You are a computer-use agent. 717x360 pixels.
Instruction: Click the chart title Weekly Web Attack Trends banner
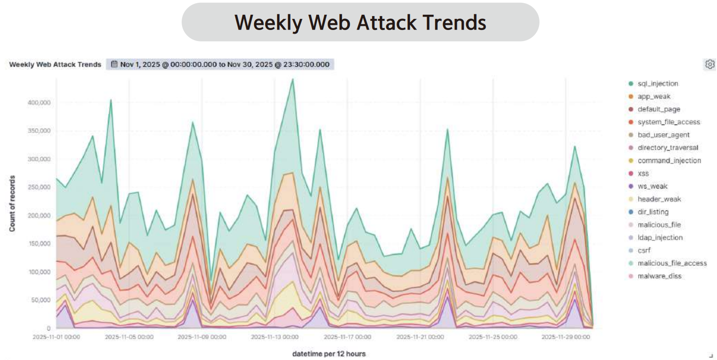click(360, 22)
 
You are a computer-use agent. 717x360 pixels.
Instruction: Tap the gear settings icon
click(710, 64)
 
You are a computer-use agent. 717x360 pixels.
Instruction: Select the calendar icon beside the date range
click(114, 65)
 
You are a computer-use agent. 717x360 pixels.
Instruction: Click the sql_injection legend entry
click(658, 83)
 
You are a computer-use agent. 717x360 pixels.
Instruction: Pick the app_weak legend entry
click(654, 96)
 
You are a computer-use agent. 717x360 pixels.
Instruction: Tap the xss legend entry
click(643, 174)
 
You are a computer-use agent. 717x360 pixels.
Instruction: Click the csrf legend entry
click(644, 251)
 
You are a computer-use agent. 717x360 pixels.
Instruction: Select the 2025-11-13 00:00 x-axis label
click(274, 337)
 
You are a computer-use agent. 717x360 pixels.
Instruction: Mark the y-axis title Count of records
click(12, 203)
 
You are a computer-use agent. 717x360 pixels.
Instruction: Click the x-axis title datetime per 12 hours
click(329, 354)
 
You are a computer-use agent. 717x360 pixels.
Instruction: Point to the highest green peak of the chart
click(292, 79)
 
